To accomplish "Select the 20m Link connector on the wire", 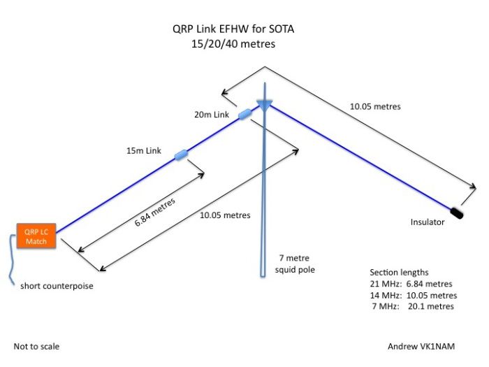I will click(245, 115).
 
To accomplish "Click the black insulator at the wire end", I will click(459, 211).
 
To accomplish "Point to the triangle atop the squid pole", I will click(263, 104).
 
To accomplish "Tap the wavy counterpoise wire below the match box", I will click(12, 259).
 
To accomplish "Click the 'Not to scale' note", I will click(36, 346).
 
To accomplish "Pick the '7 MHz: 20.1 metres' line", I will click(411, 306).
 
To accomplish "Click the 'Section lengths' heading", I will click(400, 272).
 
